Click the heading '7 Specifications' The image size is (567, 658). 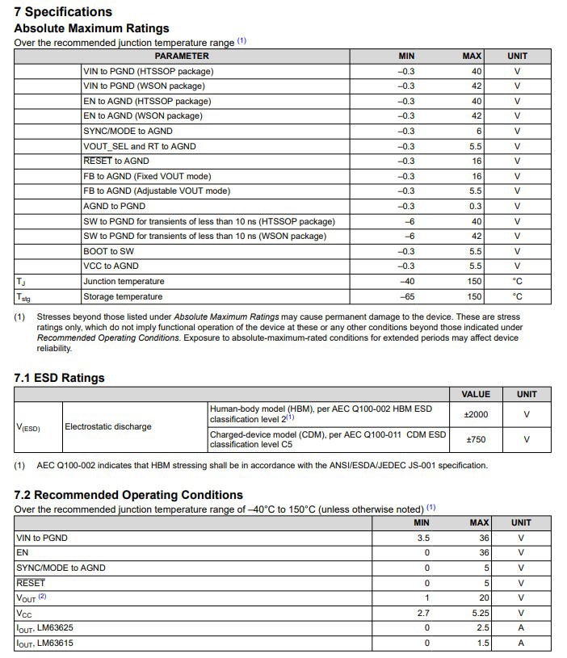pos(63,12)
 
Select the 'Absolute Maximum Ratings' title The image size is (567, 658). pos(91,28)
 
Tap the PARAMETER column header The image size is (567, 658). pos(182,57)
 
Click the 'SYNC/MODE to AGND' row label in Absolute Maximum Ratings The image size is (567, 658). pos(128,131)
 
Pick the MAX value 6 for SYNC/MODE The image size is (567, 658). pos(478,131)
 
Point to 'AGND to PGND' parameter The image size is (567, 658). pos(114,206)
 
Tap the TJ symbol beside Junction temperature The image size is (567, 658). pos(21,282)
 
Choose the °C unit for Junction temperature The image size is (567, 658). pos(518,281)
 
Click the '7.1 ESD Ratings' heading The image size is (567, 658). pos(59,378)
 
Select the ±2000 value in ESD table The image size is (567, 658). pos(476,414)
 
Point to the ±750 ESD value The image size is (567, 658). pos(476,439)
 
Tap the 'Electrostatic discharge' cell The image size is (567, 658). pos(108,426)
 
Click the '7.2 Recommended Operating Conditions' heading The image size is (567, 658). pos(128,494)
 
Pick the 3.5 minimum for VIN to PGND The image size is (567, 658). pos(422,538)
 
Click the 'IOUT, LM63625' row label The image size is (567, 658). pos(45,628)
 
